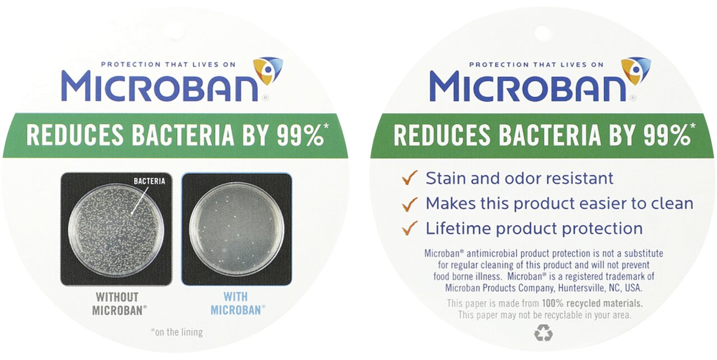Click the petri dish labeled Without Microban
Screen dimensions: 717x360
coord(116,230)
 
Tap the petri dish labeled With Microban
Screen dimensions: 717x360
coord(236,228)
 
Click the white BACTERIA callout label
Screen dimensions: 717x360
coord(150,181)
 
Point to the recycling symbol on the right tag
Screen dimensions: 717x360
coord(543,333)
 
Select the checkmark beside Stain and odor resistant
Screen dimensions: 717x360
coord(409,177)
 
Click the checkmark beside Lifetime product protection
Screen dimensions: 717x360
coord(409,228)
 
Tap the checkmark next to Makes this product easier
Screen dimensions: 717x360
coord(409,204)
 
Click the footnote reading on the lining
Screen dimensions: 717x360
coord(176,332)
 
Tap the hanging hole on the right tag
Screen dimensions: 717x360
coord(542,33)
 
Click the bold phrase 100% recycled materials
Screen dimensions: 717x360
coord(593,303)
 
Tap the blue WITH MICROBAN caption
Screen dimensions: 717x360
coord(238,303)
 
